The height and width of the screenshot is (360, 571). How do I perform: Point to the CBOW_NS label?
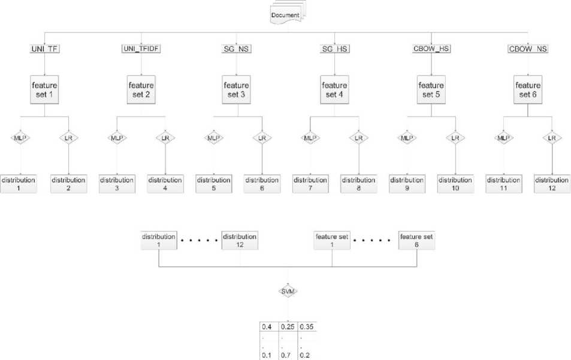point(528,49)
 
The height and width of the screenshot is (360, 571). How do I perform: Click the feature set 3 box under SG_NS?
point(238,89)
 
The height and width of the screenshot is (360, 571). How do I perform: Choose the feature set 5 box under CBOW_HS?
point(431,89)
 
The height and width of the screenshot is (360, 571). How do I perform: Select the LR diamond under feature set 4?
point(358,138)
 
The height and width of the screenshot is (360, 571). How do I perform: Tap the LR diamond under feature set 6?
point(551,138)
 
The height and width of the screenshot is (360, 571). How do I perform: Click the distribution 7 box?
point(310,184)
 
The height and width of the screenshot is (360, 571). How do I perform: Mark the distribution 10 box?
point(455,184)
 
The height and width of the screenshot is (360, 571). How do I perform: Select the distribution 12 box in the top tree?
point(551,184)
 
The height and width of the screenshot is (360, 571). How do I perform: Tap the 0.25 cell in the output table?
point(288,327)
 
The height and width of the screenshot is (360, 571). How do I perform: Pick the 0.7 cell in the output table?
point(288,355)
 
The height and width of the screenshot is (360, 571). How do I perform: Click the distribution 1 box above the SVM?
point(158,241)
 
